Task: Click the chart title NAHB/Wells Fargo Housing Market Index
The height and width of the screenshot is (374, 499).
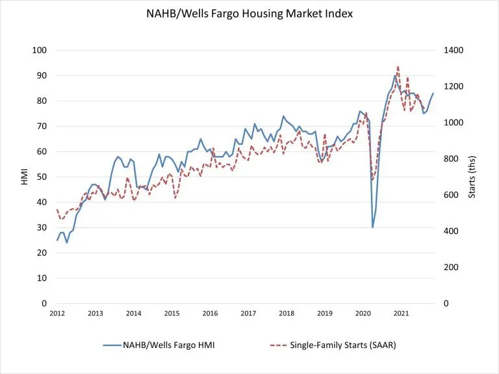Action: (x=249, y=14)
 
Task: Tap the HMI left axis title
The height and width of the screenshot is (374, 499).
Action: (x=24, y=177)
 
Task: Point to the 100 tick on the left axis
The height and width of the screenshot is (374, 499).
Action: (x=40, y=51)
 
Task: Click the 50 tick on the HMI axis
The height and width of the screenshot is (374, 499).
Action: (x=42, y=177)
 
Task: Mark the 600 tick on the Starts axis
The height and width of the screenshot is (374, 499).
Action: (x=449, y=195)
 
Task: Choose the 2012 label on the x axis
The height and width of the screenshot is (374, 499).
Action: (x=57, y=314)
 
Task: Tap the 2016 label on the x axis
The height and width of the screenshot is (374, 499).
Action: (x=210, y=314)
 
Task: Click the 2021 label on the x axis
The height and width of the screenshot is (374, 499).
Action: (x=402, y=314)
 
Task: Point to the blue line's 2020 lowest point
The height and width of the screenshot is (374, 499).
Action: (x=372, y=227)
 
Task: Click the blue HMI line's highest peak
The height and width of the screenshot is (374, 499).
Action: (x=394, y=76)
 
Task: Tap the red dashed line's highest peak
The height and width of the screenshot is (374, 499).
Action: (x=398, y=66)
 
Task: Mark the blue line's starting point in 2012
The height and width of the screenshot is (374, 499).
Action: (x=57, y=240)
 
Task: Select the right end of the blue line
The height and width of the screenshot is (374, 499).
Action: (x=433, y=93)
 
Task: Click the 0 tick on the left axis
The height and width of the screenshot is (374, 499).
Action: (x=44, y=303)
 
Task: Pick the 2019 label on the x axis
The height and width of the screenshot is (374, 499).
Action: (x=325, y=314)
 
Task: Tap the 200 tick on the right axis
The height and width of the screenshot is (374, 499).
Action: (x=449, y=267)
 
